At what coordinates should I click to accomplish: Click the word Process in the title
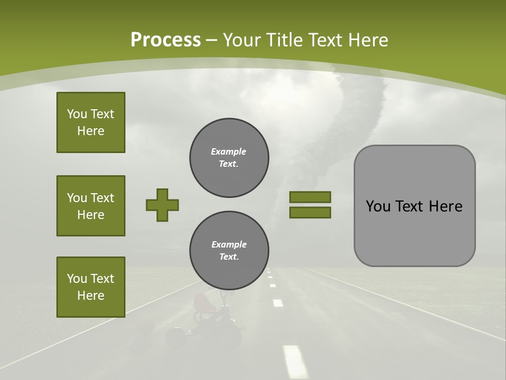pyautogui.click(x=166, y=40)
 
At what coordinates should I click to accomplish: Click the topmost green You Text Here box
pyautogui.click(x=91, y=122)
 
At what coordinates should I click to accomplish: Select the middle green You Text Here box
pyautogui.click(x=91, y=206)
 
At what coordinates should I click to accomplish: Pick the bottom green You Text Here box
pyautogui.click(x=91, y=287)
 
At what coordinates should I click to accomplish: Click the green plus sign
pyautogui.click(x=162, y=205)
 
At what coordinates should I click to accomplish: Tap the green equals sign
pyautogui.click(x=310, y=205)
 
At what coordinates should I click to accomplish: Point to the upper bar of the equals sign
pyautogui.click(x=310, y=197)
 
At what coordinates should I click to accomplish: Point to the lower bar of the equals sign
pyautogui.click(x=310, y=212)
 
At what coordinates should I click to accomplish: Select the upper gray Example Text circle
pyautogui.click(x=229, y=158)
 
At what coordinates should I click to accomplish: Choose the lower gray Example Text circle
pyautogui.click(x=229, y=251)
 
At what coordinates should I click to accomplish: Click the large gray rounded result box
pyautogui.click(x=415, y=206)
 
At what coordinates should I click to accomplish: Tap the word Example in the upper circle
pyautogui.click(x=229, y=151)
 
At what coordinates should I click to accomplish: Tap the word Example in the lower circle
pyautogui.click(x=229, y=244)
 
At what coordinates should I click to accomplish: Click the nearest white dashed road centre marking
pyautogui.click(x=295, y=361)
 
